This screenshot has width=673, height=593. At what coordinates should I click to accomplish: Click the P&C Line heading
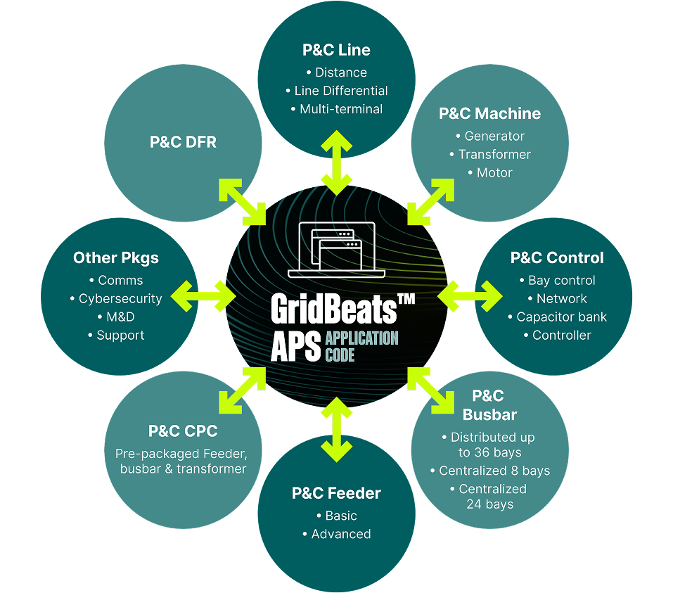click(x=336, y=51)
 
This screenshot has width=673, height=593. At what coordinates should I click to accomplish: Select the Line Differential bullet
click(x=340, y=91)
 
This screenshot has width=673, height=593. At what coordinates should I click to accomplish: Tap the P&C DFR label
click(x=183, y=142)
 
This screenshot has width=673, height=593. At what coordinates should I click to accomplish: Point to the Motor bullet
click(x=494, y=172)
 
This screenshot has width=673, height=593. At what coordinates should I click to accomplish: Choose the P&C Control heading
click(x=557, y=257)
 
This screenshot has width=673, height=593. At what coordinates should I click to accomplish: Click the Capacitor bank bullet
click(x=561, y=317)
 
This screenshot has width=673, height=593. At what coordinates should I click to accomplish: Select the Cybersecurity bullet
click(x=120, y=298)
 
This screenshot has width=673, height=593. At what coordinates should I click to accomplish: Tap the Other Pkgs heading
click(x=116, y=257)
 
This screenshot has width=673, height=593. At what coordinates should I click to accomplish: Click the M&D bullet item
click(x=120, y=317)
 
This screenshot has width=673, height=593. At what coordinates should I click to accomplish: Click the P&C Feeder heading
click(x=336, y=493)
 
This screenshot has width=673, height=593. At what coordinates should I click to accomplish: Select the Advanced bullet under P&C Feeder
click(x=340, y=534)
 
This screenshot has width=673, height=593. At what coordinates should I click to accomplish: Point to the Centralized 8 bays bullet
click(x=494, y=471)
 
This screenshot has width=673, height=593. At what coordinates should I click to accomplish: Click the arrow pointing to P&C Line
click(x=336, y=161)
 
